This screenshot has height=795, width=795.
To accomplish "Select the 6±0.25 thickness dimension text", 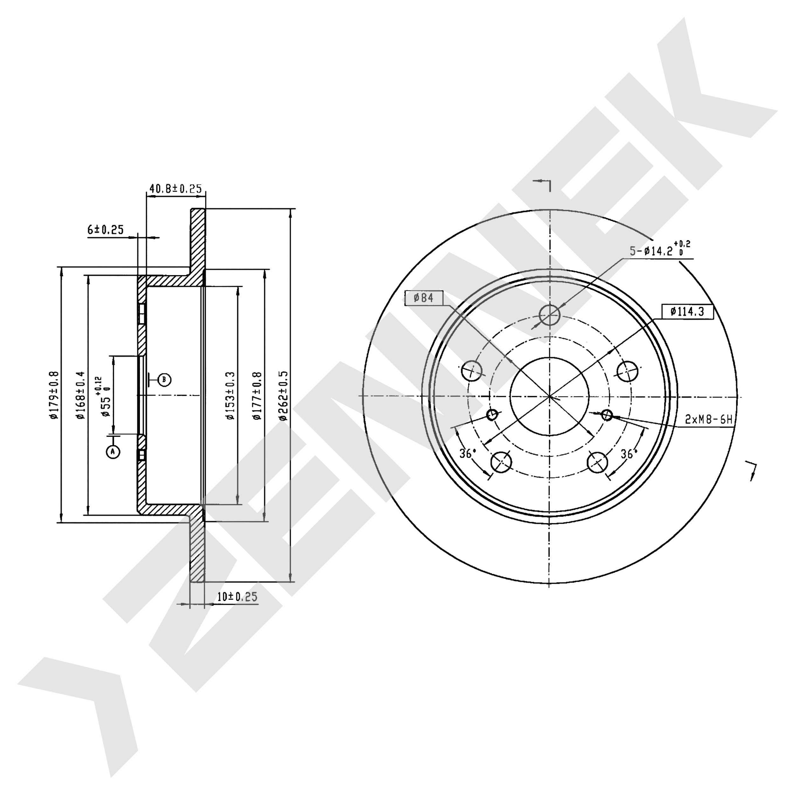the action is pyautogui.click(x=105, y=230).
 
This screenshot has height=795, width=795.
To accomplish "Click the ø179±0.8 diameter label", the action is pyautogui.click(x=54, y=395).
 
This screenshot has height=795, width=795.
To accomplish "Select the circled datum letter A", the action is pyautogui.click(x=113, y=452).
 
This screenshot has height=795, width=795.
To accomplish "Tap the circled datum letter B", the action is pyautogui.click(x=164, y=379).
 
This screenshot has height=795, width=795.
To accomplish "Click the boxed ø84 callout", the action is pyautogui.click(x=424, y=298).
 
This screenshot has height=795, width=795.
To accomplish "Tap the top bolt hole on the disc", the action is pyautogui.click(x=550, y=315).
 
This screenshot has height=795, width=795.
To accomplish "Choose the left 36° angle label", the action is pyautogui.click(x=467, y=454).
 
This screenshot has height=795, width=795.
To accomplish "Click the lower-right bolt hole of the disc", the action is pyautogui.click(x=598, y=463).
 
